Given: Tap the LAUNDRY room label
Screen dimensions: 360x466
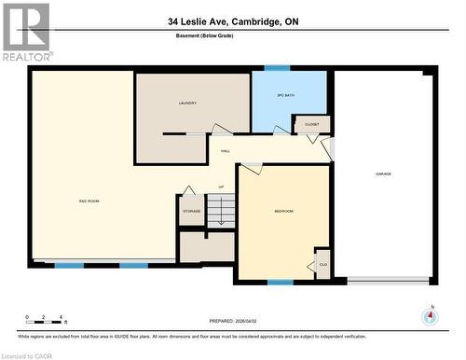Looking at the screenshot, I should point(187,104).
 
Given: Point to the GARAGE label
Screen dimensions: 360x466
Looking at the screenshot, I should point(383,174).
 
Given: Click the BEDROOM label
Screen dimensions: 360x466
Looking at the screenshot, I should point(283,212).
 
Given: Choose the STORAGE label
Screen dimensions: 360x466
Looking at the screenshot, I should point(191,212).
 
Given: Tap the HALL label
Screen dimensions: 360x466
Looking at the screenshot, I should point(226,150).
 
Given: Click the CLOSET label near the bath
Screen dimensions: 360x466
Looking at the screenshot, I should point(310,123).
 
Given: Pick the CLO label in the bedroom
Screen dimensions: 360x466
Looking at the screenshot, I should point(322,264).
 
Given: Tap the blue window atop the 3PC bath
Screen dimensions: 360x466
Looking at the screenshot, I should point(276,68).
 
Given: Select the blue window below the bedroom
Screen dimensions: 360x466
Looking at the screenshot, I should point(281,282).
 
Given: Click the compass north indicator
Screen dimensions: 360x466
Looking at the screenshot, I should point(429,315).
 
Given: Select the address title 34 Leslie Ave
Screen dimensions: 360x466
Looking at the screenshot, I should point(232,21).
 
